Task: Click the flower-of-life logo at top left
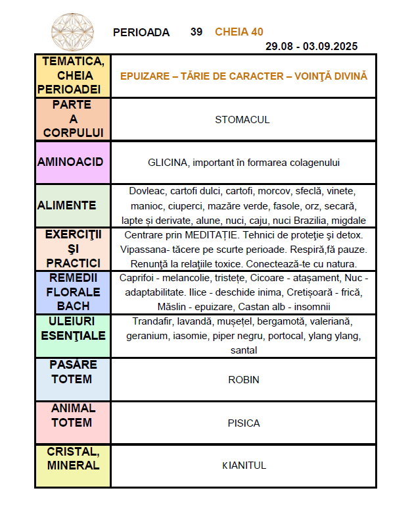72,32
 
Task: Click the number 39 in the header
196,32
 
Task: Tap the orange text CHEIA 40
239,32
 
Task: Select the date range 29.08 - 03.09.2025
311,46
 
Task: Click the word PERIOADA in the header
141,32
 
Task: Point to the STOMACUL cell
242,120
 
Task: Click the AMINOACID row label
70,162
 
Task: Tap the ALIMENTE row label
66,205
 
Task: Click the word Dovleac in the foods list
149,191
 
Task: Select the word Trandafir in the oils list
152,321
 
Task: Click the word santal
243,350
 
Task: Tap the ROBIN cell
243,380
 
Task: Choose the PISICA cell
243,423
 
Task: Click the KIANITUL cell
243,466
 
